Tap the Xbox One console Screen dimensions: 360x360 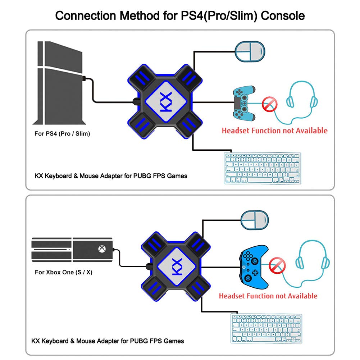[x=72, y=249]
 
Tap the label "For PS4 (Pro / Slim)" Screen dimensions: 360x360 [x=62, y=134]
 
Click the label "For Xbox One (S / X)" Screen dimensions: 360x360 [x=64, y=272]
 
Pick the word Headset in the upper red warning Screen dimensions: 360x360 [x=237, y=130]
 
